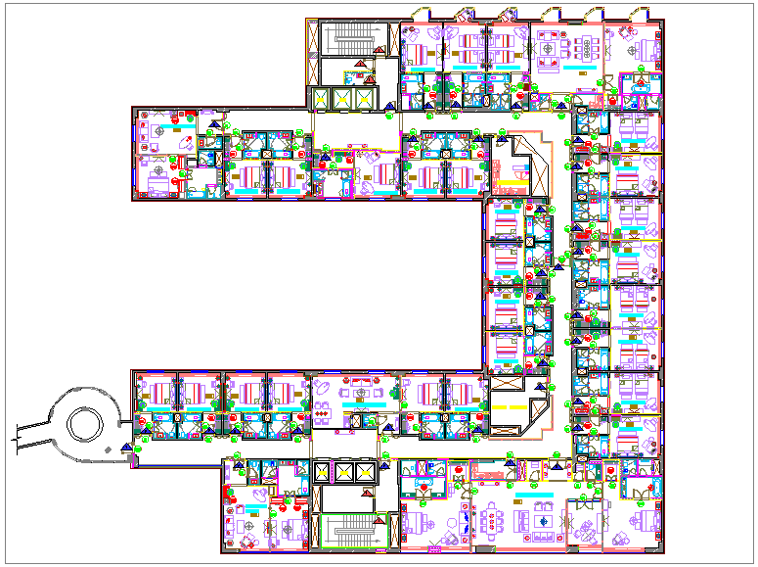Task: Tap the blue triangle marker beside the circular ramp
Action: pos(126,447)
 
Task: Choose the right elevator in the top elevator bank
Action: pos(364,99)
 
